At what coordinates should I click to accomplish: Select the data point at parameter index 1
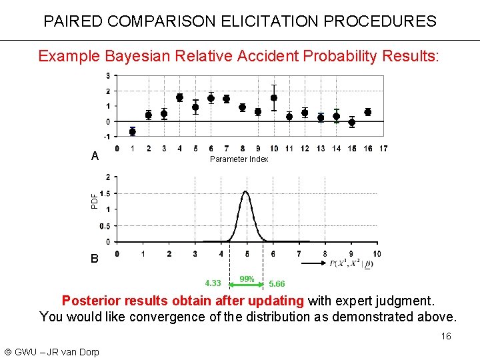click(133, 131)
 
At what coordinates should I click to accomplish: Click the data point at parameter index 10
click(273, 98)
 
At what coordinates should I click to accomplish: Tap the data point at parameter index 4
click(179, 97)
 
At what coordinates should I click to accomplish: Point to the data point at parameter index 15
click(351, 122)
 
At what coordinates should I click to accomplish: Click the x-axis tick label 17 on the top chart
click(383, 148)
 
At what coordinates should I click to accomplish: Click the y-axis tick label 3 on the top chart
click(108, 75)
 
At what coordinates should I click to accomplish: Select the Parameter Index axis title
click(239, 159)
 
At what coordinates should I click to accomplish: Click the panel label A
click(95, 157)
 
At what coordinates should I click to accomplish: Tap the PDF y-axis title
click(94, 199)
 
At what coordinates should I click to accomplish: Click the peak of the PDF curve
click(246, 192)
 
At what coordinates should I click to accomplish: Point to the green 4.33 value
click(213, 283)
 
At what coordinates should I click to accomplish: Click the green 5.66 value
click(277, 283)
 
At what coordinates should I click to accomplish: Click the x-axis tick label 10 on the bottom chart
click(377, 253)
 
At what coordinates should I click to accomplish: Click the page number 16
click(446, 336)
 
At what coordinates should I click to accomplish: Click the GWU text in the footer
click(27, 351)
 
